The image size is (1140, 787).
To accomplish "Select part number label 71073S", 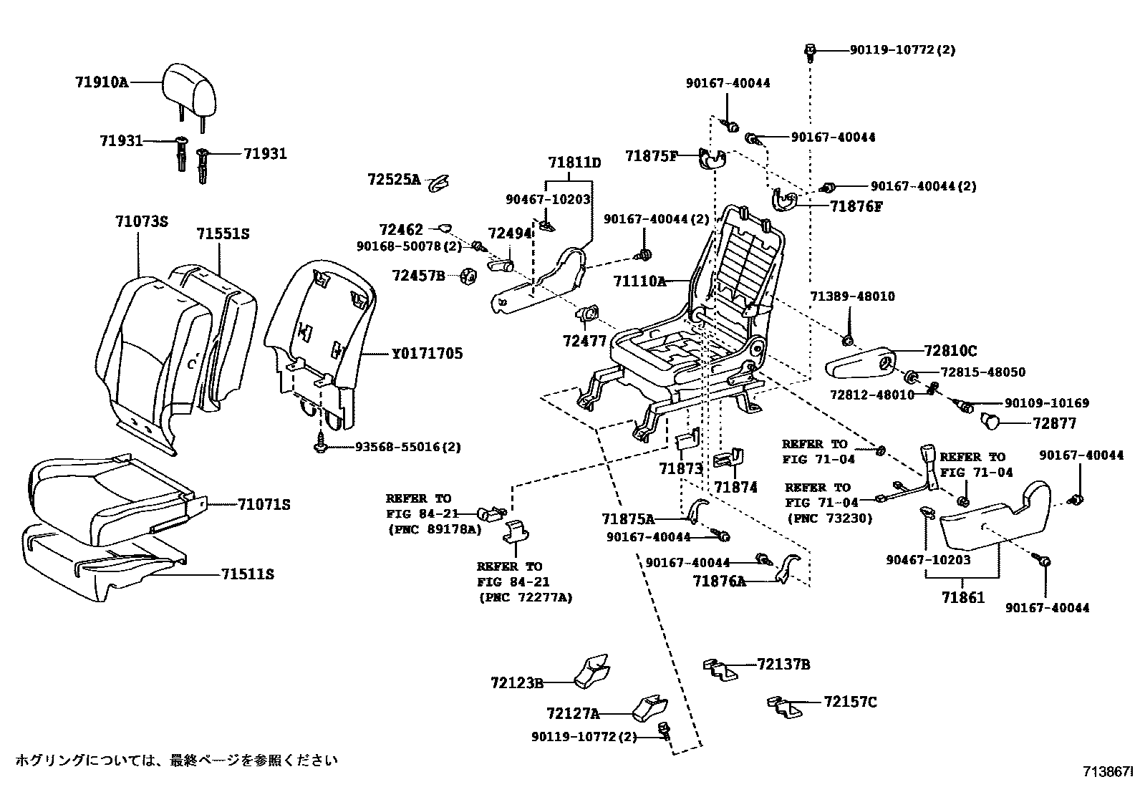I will [141, 222].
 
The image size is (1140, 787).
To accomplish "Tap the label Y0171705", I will [427, 353].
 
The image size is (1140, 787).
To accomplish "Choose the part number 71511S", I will [247, 574].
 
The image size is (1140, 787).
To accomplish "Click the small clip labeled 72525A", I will [437, 184].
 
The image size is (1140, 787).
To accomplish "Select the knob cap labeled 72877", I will [990, 421].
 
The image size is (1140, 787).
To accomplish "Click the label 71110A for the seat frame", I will [639, 281].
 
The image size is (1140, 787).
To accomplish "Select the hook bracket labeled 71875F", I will [712, 159].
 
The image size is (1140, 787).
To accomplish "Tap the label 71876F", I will [856, 206].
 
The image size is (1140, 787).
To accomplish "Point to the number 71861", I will [963, 597].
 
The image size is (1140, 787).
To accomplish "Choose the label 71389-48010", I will [852, 296].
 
